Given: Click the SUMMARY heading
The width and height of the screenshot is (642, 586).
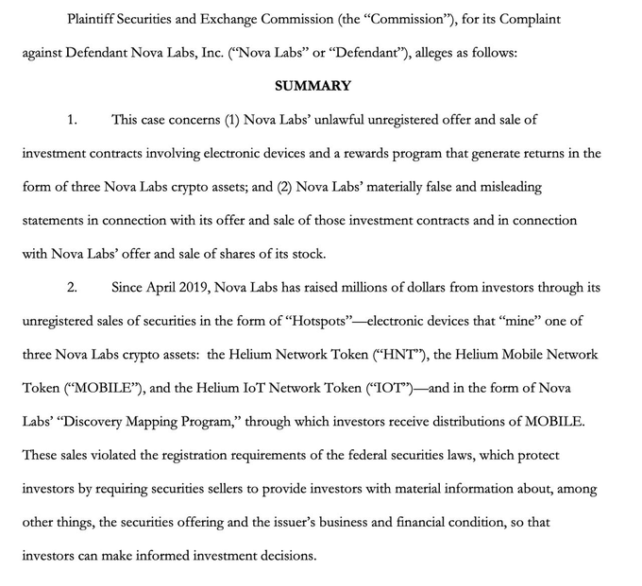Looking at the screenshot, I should pyautogui.click(x=313, y=86).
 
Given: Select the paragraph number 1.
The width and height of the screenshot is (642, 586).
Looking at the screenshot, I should pyautogui.click(x=72, y=119).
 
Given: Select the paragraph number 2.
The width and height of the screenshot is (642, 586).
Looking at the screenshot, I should pyautogui.click(x=72, y=287).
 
